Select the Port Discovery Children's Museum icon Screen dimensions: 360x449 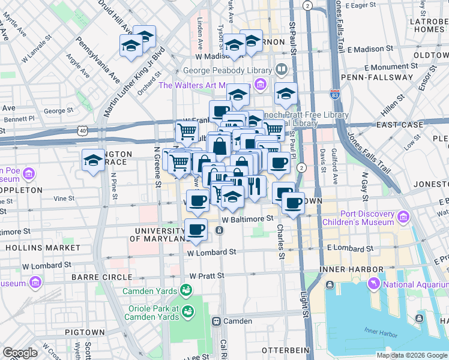[x=403, y=217]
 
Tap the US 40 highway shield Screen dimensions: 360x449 [x=82, y=130]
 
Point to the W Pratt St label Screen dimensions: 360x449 [x=206, y=275]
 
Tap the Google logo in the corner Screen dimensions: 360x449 [x=20, y=353]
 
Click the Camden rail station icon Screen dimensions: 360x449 [x=216, y=321]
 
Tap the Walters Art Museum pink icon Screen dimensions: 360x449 [x=261, y=84]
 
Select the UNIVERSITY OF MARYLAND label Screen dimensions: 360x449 [x=159, y=235]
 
